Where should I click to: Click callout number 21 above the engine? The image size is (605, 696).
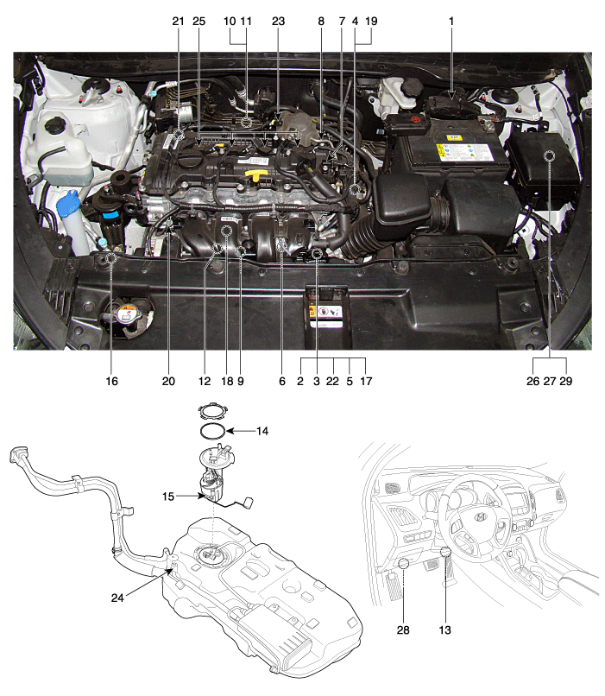tap(178, 22)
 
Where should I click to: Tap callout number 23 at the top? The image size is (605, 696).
tap(278, 22)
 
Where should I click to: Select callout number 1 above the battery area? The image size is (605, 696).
tap(451, 22)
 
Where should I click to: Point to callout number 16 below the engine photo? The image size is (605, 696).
tap(112, 381)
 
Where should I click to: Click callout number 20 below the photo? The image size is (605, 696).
tap(168, 381)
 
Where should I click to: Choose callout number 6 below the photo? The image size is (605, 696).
tap(282, 381)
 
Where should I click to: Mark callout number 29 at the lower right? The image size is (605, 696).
tap(566, 381)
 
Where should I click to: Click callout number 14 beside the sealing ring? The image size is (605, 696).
tap(262, 431)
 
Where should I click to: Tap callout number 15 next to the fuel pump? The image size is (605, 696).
tap(168, 497)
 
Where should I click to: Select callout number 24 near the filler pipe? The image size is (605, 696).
tap(117, 598)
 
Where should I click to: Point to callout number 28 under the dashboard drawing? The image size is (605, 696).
tap(403, 630)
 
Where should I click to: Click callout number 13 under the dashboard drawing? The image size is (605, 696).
tap(444, 630)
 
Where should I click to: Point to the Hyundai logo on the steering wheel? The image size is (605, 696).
tap(481, 516)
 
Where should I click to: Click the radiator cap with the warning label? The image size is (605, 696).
tap(127, 315)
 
